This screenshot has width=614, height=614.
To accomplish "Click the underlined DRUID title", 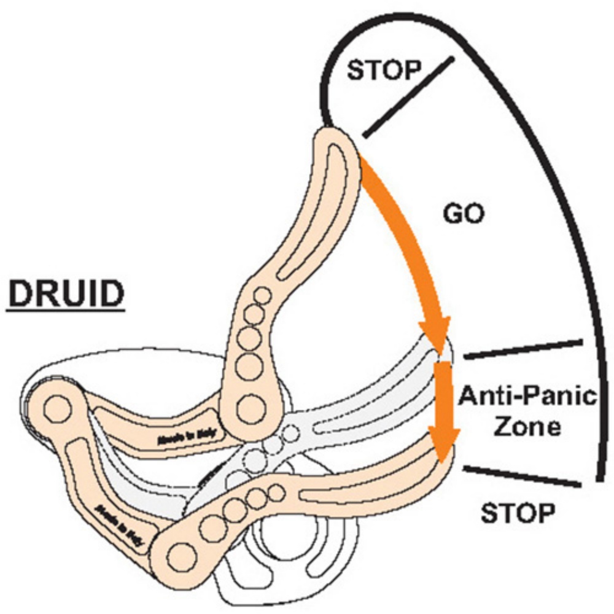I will pyautogui.click(x=66, y=294).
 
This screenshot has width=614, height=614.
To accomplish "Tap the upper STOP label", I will pyautogui.click(x=381, y=70).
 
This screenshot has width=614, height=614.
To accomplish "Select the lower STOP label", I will pyautogui.click(x=518, y=512).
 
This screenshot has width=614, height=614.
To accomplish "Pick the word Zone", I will pyautogui.click(x=527, y=426).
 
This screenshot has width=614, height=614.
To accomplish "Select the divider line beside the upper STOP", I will pyautogui.click(x=408, y=96).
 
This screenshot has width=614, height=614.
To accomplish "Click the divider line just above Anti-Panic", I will pyautogui.click(x=522, y=349).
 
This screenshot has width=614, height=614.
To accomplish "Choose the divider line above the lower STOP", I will pyautogui.click(x=522, y=476).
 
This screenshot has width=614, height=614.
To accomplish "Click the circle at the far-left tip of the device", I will pyautogui.click(x=56, y=406).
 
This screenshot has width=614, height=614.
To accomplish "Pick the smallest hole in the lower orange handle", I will pyautogui.click(x=278, y=491).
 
